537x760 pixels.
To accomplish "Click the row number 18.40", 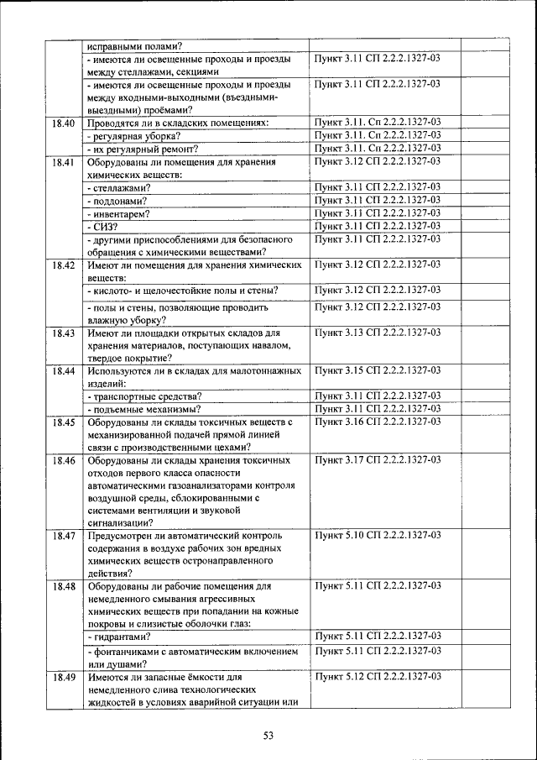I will pos(63,123).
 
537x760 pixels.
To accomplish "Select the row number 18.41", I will pos(63,161).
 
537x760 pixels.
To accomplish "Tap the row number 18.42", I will pos(63,265).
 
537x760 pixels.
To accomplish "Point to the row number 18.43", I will pos(63,333).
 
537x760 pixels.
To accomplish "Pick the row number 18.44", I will pos(63,370).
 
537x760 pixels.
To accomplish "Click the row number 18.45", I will pos(63,422).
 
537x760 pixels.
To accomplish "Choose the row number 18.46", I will pos(63,461).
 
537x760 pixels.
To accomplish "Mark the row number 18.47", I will pos(63,535).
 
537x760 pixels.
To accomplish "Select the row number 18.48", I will pos(63,585).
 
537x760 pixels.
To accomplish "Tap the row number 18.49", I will pos(63,676).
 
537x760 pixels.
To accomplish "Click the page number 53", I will pos(268,736).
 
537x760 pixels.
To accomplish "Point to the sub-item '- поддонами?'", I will pos(117,201).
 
